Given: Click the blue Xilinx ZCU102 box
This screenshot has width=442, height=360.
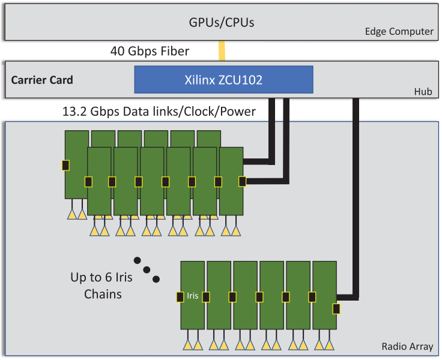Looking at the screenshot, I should coord(223,79).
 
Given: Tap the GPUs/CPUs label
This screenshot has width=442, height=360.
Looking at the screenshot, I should coord(222,23).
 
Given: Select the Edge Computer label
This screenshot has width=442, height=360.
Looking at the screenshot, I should coord(399,32).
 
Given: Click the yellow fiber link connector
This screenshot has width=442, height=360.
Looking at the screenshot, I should coord(222,50).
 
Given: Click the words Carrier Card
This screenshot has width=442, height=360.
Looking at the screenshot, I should coord(42,80).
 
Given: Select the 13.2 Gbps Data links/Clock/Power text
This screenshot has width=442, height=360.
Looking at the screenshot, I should coord(159,112).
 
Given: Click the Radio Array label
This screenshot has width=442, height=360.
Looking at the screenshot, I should coord(407,346).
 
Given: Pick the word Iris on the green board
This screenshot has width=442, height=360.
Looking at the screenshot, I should coord(192,296).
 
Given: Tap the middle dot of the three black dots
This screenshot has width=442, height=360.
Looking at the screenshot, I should coord(147,269).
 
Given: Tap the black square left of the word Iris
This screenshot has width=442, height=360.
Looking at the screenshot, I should coord(180,296).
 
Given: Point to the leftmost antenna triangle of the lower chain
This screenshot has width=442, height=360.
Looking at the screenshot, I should coord(187,345).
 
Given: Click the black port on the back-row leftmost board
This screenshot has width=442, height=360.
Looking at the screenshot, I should coord(65,165).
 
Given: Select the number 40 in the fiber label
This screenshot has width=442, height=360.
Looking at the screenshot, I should coord(117,51).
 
